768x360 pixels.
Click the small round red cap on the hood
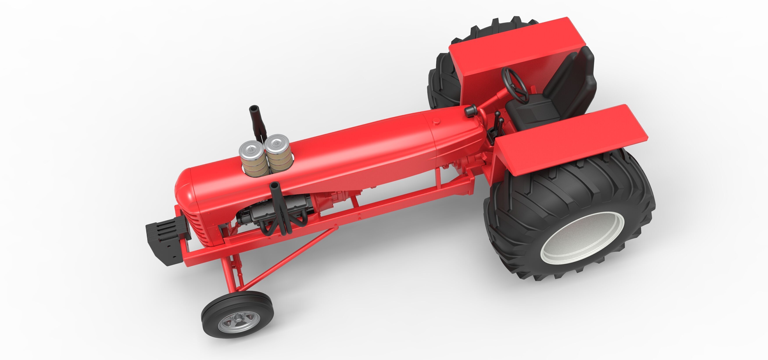pyautogui.click(x=436, y=121)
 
